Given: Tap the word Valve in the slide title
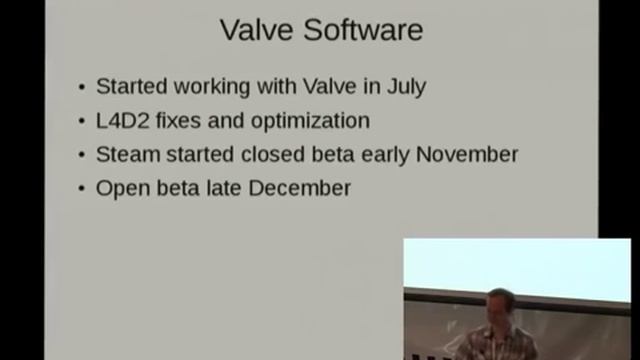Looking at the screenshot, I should (254, 30).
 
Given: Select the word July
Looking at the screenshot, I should (405, 87).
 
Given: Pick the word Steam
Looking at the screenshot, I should (124, 155).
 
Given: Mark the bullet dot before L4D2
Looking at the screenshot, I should (82, 122).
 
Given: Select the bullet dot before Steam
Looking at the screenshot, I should (82, 156).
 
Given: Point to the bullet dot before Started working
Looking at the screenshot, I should (82, 88).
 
